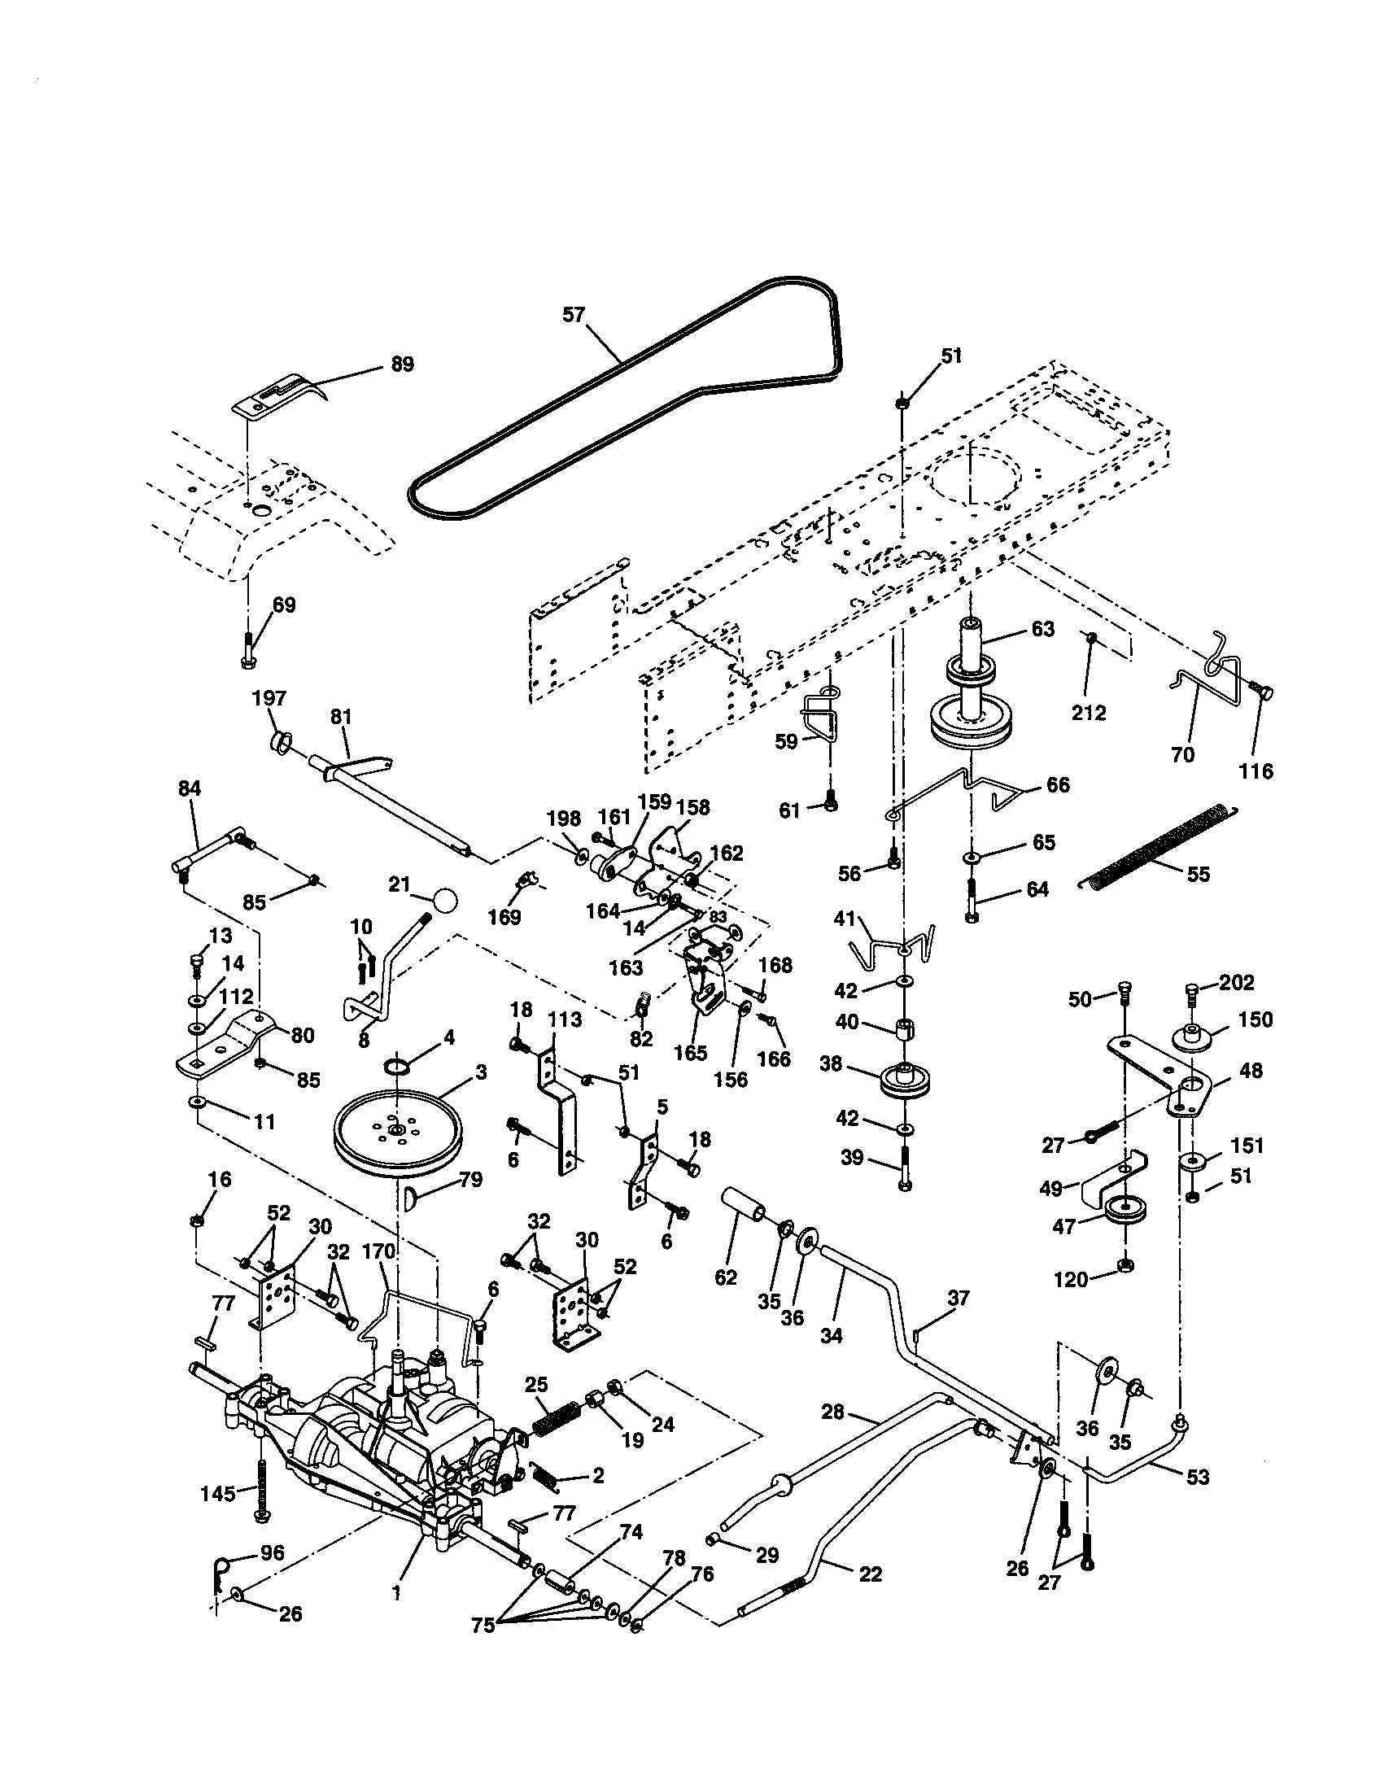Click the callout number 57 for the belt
click(574, 315)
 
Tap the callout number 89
click(401, 364)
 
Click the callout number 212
click(1088, 713)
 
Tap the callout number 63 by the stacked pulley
click(1042, 630)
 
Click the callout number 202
click(1238, 982)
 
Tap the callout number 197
click(269, 698)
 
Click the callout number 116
click(1256, 771)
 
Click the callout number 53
click(1197, 1477)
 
